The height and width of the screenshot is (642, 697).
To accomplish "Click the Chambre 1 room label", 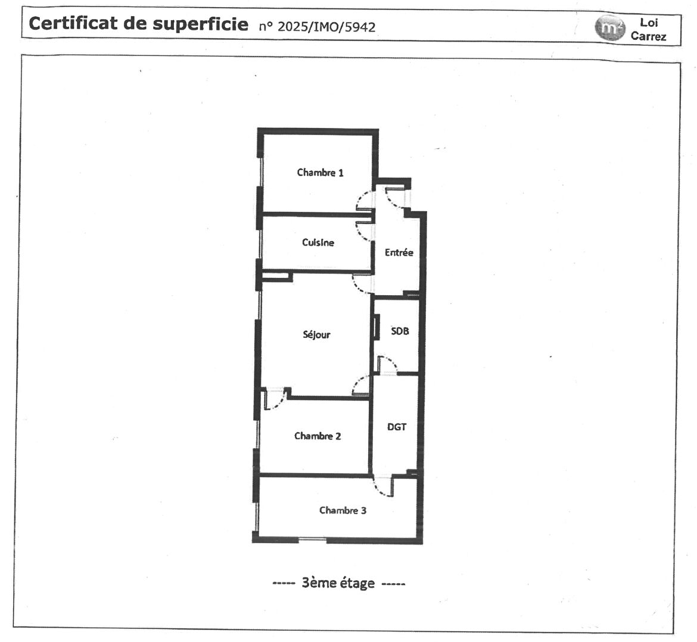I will [x=320, y=173].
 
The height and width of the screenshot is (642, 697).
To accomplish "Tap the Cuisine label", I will [x=318, y=242].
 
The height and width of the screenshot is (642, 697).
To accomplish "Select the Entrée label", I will [x=399, y=252].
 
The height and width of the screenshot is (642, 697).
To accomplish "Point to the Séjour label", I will [x=316, y=334].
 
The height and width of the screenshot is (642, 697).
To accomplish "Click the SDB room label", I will [x=400, y=331].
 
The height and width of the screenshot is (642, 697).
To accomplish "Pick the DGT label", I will [x=397, y=427].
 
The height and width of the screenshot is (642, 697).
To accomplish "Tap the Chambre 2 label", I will [x=318, y=436].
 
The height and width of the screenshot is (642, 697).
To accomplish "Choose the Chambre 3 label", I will [x=343, y=511].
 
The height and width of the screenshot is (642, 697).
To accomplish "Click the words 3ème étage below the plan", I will [x=338, y=583].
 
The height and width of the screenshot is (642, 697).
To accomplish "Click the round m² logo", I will [x=608, y=28].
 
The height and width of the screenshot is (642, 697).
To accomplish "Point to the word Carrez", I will [x=648, y=36].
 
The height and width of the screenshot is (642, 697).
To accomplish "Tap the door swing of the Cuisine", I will [x=363, y=231].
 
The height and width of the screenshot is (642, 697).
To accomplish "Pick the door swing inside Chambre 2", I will [x=274, y=400].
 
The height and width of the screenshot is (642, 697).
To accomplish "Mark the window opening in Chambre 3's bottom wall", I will [x=312, y=540].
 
